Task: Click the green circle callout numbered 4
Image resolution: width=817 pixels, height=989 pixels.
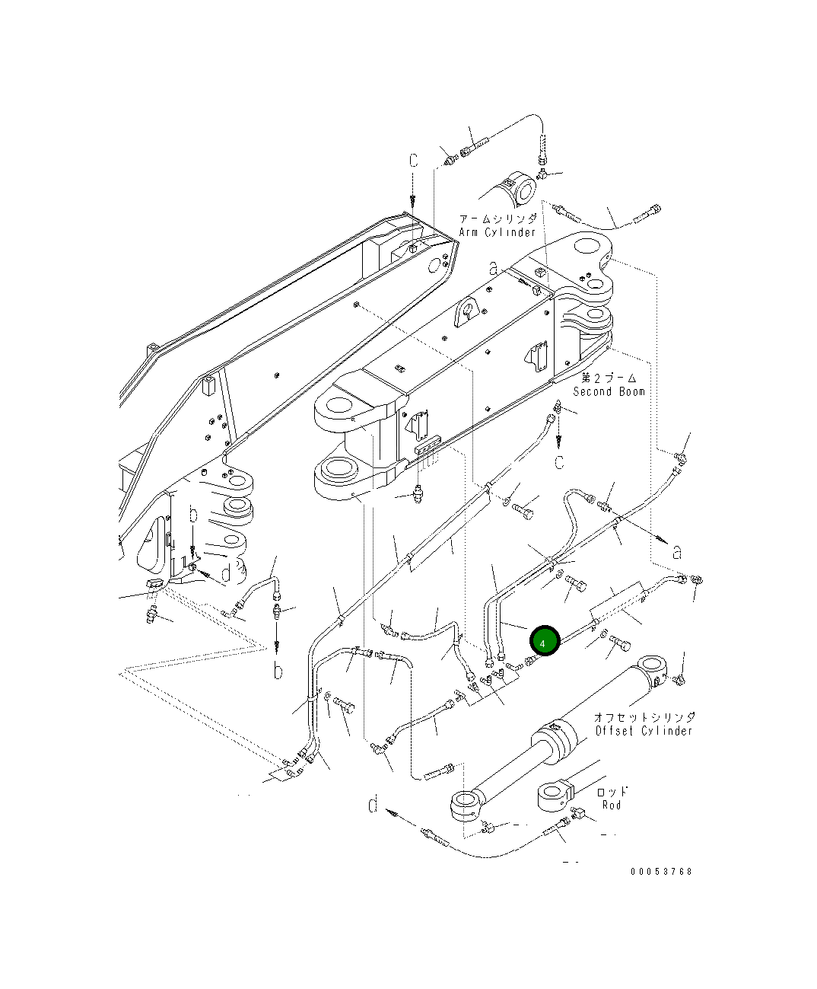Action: coord(543,642)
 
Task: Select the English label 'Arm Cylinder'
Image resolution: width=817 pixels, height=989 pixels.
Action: coord(498,232)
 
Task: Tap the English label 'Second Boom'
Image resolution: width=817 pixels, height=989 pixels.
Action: coord(609,391)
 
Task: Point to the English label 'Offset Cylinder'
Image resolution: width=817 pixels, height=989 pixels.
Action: coord(644,731)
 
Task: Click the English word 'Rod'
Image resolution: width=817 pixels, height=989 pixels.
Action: coord(612,805)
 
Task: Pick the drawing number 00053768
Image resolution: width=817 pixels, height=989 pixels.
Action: coord(661,872)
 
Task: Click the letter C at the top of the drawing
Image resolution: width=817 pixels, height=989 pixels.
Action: coord(413,161)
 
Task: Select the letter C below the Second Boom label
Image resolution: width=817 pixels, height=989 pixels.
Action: coord(559,462)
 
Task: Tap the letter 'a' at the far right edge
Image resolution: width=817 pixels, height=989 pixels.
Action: coord(677,552)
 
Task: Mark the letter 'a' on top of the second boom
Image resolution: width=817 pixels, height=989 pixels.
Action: coord(494,268)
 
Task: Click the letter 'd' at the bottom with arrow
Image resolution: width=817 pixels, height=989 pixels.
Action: coord(373,805)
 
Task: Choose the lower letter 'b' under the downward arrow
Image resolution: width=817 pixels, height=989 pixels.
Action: coord(278,671)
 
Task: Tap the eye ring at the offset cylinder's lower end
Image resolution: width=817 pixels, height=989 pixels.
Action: coord(463,804)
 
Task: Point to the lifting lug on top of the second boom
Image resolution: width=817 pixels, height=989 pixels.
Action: coord(467,313)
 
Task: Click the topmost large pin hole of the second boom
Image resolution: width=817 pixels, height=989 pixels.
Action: coord(587,247)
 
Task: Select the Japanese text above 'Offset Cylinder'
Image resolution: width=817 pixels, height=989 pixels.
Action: coord(644,717)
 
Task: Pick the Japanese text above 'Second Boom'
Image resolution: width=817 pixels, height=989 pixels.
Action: coord(609,378)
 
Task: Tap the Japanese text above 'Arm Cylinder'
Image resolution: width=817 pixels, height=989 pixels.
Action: coord(498,219)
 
